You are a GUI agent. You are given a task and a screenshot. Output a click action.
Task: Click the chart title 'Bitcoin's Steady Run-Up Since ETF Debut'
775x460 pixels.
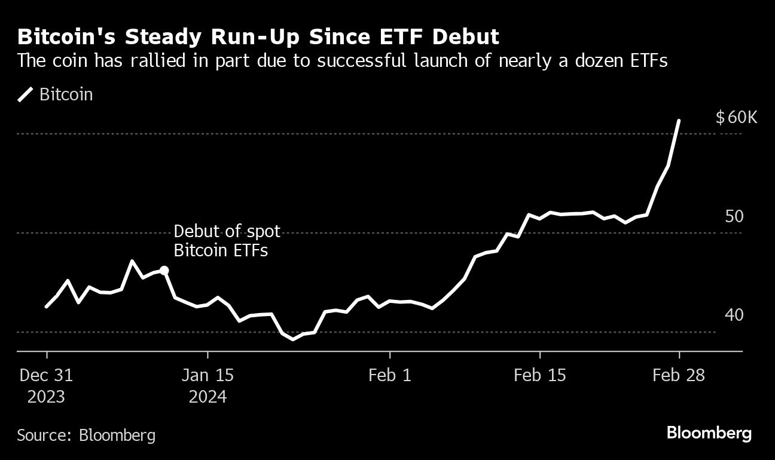258,37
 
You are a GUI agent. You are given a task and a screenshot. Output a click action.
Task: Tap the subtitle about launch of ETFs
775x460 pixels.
342,61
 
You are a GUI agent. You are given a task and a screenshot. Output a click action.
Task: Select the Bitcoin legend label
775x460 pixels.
66,94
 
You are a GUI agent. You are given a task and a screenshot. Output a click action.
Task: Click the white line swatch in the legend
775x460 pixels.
26,94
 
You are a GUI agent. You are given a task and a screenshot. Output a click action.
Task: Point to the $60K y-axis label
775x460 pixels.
736,117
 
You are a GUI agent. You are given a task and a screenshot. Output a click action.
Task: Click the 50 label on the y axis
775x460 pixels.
734,216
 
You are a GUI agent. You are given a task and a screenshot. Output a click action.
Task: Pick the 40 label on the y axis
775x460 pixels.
734,315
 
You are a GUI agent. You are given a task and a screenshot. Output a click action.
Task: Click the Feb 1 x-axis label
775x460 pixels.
389,376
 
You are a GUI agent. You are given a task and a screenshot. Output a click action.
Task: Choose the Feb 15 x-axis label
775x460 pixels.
540,376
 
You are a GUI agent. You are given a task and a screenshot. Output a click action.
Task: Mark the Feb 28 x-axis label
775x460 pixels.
679,376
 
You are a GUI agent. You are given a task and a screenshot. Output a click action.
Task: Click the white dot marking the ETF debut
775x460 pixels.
164,271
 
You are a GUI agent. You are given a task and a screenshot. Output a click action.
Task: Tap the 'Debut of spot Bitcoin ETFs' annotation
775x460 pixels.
227,241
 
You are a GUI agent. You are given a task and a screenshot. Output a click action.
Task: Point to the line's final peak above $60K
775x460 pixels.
678,121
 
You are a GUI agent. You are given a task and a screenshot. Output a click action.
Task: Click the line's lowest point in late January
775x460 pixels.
292,339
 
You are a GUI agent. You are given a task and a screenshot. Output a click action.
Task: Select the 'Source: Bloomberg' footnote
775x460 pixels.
86,435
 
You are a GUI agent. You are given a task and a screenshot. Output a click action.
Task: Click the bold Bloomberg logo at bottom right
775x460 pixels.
709,433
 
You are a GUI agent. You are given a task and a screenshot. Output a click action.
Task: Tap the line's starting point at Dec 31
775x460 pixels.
47,306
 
